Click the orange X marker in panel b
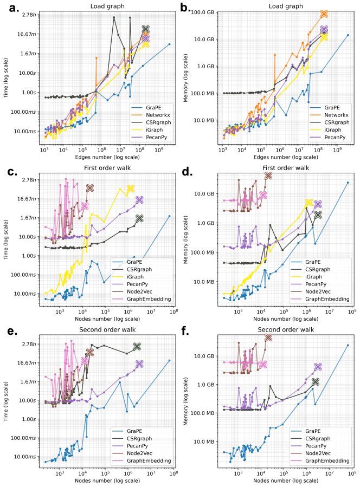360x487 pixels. [x=325, y=14]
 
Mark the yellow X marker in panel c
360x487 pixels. [x=130, y=189]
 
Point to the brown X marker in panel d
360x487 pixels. [x=268, y=176]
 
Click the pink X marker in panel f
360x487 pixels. [x=263, y=364]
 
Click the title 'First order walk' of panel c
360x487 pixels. [x=106, y=167]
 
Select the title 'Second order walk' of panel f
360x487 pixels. [x=284, y=329]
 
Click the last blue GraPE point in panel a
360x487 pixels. [x=170, y=44]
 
